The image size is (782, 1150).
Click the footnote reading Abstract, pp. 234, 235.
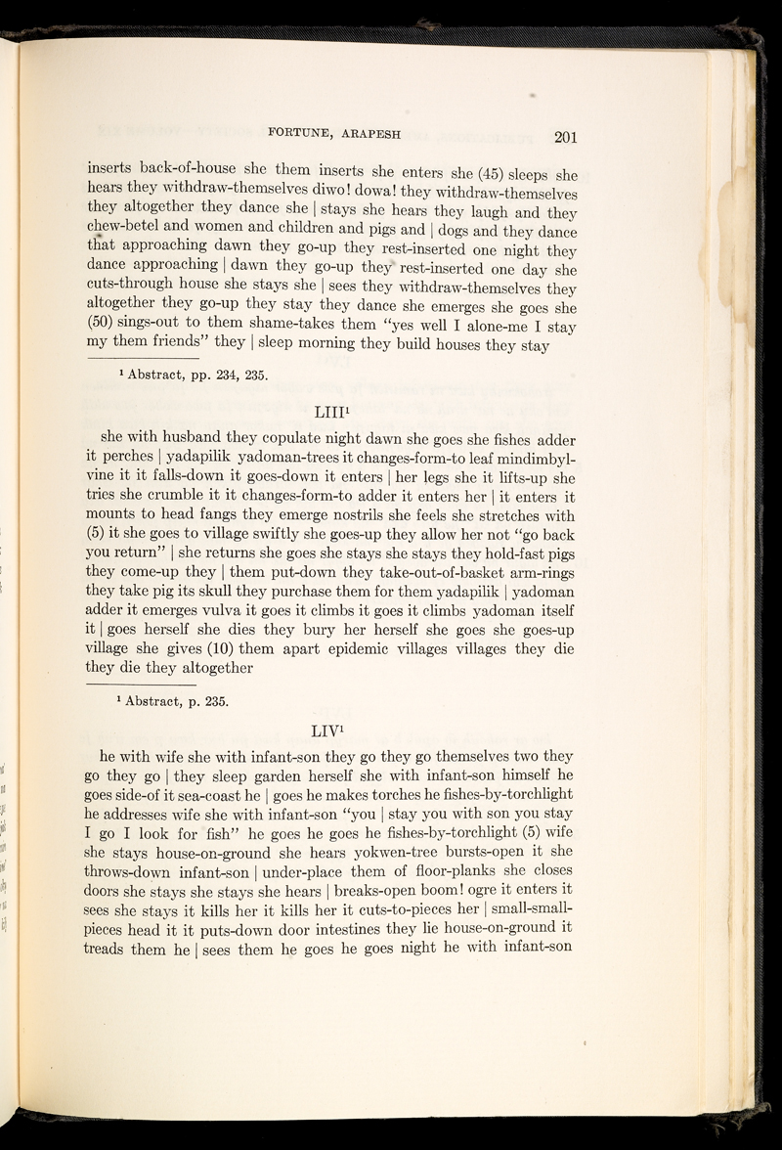click(x=187, y=373)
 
